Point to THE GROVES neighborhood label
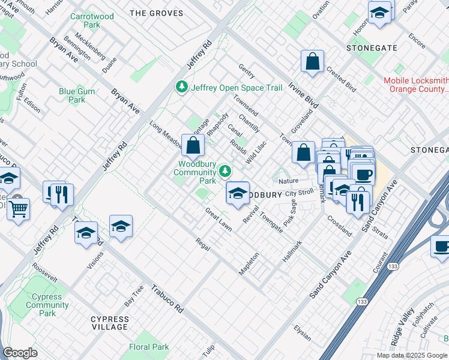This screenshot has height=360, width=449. (156, 13)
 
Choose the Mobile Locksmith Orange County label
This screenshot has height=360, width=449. (416, 85)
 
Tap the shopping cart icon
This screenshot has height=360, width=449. (19, 209)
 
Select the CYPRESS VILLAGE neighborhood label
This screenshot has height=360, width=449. (109, 323)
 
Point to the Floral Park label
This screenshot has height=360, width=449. (149, 347)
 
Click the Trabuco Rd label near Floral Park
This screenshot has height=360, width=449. (167, 299)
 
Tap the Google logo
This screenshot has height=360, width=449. (20, 353)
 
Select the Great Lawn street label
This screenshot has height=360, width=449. (218, 220)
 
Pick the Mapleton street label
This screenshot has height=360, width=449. (249, 263)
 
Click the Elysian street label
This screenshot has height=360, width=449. (303, 331)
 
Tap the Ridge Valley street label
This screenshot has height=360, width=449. (402, 326)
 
